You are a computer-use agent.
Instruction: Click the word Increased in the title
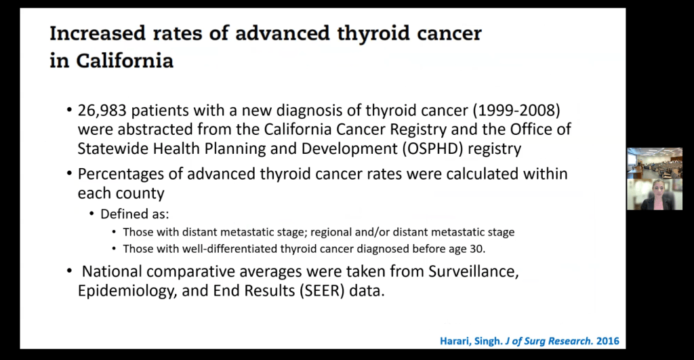point(98,34)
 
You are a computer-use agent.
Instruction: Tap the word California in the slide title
point(125,60)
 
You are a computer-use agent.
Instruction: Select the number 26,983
point(102,111)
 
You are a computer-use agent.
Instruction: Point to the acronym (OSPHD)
point(432,148)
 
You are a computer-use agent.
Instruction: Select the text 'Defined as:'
point(135,214)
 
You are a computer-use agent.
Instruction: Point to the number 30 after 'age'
point(477,249)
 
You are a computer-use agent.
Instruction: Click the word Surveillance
point(474,271)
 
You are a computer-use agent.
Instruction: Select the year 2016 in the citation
point(608,342)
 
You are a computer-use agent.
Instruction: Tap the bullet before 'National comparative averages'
point(69,270)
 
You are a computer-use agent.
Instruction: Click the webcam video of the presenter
point(655,194)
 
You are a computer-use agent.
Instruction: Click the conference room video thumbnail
point(655,163)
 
